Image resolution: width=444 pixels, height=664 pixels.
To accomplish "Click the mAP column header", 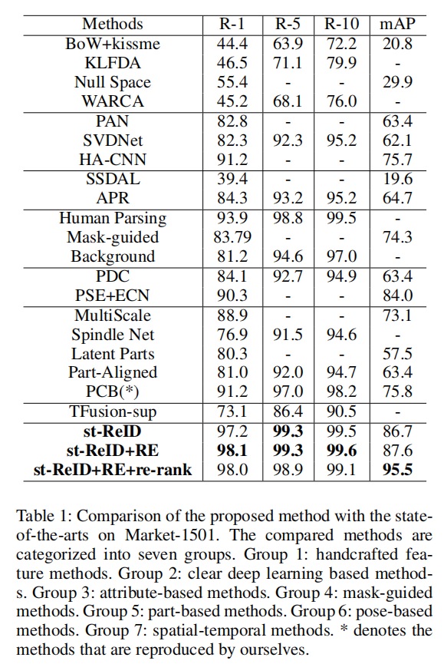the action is [397, 24].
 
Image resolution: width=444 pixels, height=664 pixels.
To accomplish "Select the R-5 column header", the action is [288, 24].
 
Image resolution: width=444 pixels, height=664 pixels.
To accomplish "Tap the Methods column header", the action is [113, 24].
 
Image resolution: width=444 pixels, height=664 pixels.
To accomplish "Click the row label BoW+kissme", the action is [113, 44].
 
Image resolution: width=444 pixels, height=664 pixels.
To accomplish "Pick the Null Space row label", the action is [113, 82].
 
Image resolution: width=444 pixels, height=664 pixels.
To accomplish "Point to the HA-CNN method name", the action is [113, 160].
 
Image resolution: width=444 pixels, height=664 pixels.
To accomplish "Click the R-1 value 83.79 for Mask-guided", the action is [232, 237].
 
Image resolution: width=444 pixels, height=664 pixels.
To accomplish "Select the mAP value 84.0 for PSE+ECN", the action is [397, 296].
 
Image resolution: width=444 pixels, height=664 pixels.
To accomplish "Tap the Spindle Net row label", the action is [113, 335].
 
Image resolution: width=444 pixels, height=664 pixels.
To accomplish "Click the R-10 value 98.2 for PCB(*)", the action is [341, 391].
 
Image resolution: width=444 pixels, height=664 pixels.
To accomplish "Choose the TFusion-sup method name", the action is [113, 411].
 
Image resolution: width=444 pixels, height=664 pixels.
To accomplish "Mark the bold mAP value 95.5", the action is [397, 470].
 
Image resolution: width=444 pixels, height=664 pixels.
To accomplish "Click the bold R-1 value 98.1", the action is [232, 450].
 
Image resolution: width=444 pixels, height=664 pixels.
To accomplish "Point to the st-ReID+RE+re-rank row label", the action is [113, 470].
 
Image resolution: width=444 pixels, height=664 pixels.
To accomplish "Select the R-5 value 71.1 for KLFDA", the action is [288, 63].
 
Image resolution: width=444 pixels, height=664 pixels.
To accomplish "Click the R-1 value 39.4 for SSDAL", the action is [232, 179].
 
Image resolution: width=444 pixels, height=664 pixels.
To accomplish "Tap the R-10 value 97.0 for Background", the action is [341, 256].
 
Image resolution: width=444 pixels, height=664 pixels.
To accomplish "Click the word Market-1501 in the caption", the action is [172, 535].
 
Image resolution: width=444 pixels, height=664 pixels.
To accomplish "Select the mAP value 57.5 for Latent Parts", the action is [397, 354].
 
